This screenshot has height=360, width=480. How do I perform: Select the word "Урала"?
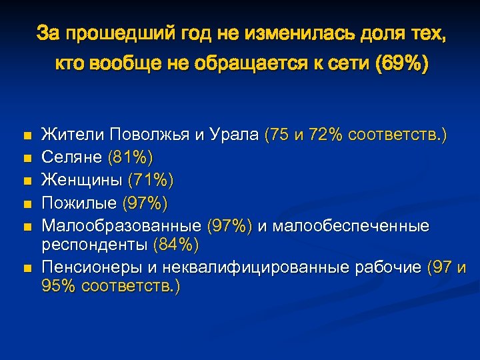[x=237, y=135]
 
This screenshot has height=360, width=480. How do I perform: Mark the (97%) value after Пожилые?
[x=143, y=201]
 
